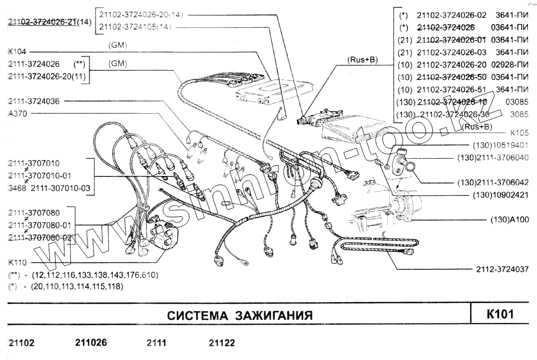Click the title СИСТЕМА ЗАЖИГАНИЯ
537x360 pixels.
click(240, 315)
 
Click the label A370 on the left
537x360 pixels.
click(18, 114)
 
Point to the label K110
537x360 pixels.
click(18, 263)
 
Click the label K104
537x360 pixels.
click(18, 53)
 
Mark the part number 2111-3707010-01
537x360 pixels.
click(41, 175)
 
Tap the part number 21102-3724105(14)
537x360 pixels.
click(135, 26)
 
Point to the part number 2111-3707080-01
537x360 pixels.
click(41, 225)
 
